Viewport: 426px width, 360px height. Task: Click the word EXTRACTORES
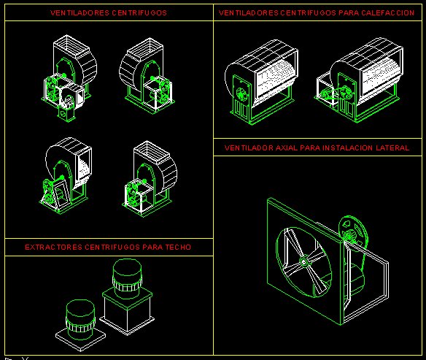(x=53, y=247)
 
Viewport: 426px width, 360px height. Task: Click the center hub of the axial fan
(x=303, y=262)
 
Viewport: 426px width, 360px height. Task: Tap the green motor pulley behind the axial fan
(x=352, y=231)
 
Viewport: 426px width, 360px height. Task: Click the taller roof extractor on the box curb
(x=127, y=296)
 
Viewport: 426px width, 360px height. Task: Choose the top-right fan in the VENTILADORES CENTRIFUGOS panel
(x=146, y=75)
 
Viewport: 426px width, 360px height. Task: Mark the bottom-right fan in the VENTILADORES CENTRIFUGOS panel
(x=150, y=179)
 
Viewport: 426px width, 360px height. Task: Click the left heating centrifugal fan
(x=261, y=82)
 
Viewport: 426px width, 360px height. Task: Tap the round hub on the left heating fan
(x=241, y=93)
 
